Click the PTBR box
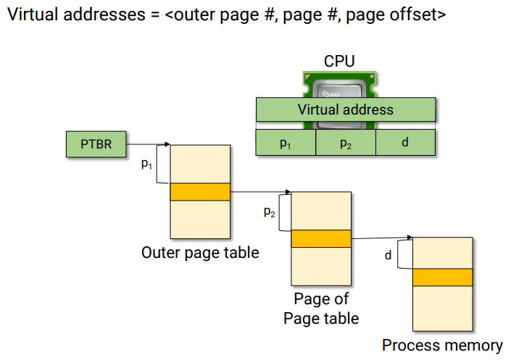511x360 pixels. (x=96, y=144)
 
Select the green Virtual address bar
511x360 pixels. (x=346, y=110)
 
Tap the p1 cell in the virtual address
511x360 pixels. (x=286, y=143)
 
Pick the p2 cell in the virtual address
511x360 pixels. (x=346, y=143)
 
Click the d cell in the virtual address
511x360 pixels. (x=405, y=143)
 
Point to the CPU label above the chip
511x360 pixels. (x=339, y=62)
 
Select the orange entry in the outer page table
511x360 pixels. (x=199, y=191)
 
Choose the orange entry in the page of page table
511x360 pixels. (x=320, y=238)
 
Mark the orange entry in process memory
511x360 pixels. (x=442, y=277)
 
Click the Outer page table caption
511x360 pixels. (x=200, y=253)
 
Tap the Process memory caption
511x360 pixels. (x=442, y=346)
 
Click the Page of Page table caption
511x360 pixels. (x=321, y=309)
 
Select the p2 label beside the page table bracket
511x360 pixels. (x=269, y=212)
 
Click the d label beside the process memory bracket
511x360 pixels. (x=389, y=255)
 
